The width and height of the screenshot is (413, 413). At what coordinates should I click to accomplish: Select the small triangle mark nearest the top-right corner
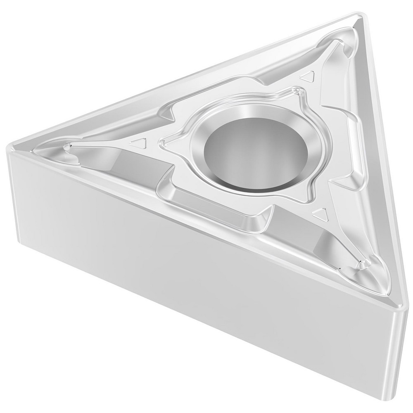[x=308, y=76]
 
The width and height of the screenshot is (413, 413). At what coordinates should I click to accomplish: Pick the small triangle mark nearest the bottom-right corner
[x=320, y=214]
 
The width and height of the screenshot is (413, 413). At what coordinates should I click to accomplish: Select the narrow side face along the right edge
[x=388, y=165]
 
